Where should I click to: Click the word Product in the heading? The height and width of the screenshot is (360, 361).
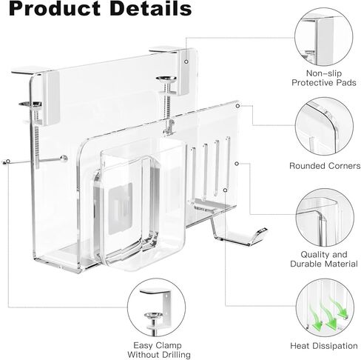pos(55,8)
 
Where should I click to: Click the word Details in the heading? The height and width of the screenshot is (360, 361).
pos(151,8)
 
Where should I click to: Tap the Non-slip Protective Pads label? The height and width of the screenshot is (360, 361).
pos(324,78)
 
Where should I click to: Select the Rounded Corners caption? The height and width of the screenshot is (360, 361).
pos(325,166)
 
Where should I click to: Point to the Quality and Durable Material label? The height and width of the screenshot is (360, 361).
pos(324,259)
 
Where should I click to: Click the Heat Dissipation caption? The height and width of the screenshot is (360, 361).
pos(324,346)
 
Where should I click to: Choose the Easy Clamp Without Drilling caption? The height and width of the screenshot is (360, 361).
pos(159,350)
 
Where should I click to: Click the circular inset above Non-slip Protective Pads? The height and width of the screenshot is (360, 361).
pos(324,37)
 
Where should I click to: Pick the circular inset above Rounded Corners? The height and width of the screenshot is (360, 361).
pos(324,126)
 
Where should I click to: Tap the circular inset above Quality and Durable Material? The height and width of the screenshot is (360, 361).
pos(325,218)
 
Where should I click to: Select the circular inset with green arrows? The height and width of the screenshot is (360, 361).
pos(325,308)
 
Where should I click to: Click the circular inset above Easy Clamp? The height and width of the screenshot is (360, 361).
pos(157,307)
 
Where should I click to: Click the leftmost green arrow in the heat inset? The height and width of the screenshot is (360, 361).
pos(316,319)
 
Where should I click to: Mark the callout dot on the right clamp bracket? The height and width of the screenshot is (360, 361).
pos(186,61)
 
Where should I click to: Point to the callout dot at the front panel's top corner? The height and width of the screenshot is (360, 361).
pos(237,106)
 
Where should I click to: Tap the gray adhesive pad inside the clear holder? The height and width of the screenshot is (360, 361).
pos(121,209)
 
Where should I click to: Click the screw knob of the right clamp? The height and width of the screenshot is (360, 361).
pos(166,79)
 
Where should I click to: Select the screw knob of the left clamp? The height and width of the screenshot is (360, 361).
pos(30,104)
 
